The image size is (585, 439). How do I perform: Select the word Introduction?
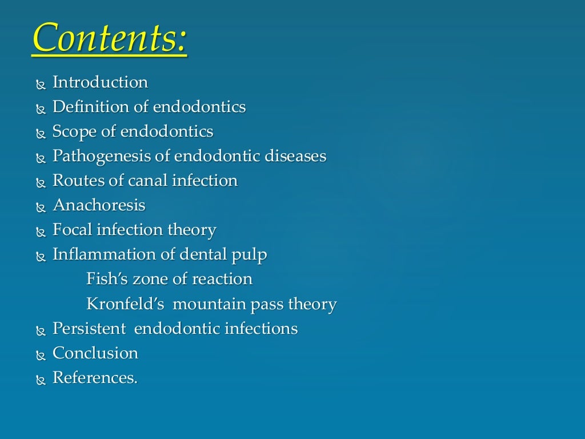100,82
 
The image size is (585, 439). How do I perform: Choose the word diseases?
295,156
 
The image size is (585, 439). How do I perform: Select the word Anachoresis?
99,205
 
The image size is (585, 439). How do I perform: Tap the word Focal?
73,230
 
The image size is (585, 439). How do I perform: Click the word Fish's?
107,279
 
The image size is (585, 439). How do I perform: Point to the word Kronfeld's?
126,304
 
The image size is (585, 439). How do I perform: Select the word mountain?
209,304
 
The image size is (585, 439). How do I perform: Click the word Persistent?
89,329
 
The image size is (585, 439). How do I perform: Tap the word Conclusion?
95,353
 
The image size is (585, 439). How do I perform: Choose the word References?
95,378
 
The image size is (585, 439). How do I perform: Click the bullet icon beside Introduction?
40,85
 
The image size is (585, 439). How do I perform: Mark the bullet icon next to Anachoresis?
40,207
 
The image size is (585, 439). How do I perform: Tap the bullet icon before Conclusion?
40,356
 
